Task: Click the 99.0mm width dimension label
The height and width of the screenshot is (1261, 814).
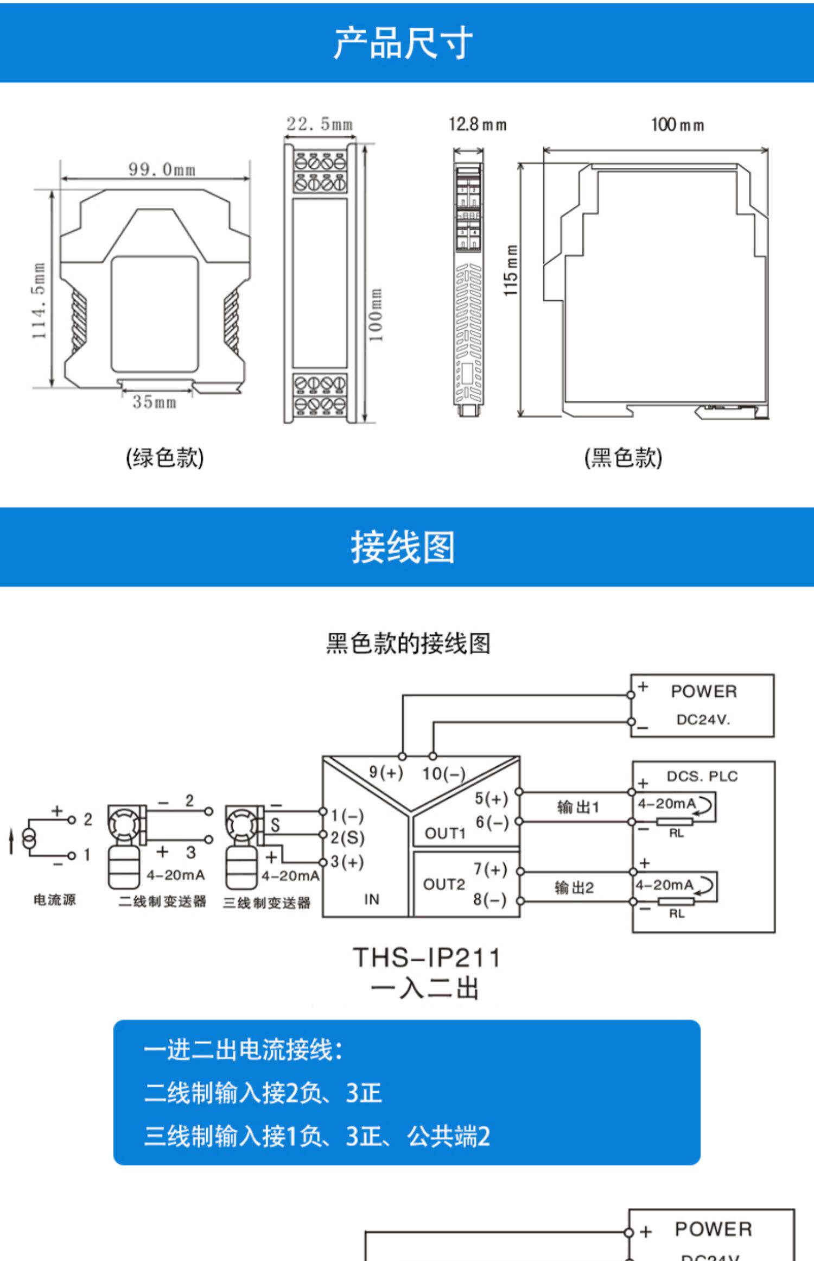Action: (x=162, y=169)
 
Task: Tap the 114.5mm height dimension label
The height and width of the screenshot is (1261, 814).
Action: (x=39, y=301)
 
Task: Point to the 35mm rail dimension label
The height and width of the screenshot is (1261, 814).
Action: (x=155, y=402)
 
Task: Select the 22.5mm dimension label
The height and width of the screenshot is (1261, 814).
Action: (x=320, y=124)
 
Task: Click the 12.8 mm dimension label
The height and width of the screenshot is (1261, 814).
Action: (x=478, y=125)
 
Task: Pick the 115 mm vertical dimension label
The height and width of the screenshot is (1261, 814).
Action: (x=511, y=270)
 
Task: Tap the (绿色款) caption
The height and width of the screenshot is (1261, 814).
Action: (x=165, y=457)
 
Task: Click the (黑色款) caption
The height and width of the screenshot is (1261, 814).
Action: (x=624, y=457)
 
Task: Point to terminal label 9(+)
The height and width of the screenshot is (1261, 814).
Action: (x=386, y=772)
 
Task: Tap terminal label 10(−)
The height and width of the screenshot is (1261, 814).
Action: (x=443, y=774)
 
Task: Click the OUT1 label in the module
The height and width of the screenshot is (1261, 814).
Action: (x=445, y=833)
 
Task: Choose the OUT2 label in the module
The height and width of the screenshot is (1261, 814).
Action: (x=444, y=885)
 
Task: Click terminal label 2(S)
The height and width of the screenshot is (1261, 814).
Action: (x=347, y=837)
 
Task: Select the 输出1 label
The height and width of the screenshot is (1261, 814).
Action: (x=578, y=807)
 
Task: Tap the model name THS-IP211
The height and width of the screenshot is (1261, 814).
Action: (x=427, y=957)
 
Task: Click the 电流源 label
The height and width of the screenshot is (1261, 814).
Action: (x=55, y=900)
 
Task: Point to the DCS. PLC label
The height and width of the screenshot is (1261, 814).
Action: (x=702, y=776)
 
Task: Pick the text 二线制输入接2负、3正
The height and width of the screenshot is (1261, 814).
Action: (x=263, y=1093)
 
